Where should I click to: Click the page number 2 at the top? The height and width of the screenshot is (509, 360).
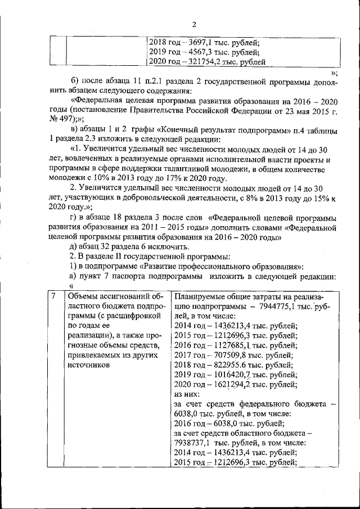coord(194,24)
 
